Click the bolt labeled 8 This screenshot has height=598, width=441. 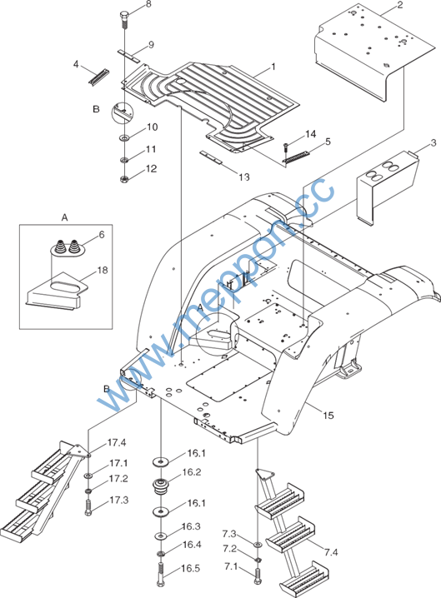(x=124, y=19)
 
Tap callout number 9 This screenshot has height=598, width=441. (x=151, y=45)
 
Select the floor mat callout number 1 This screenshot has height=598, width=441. (x=273, y=67)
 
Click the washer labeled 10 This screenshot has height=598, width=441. (x=124, y=137)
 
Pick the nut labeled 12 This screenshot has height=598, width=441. (x=124, y=178)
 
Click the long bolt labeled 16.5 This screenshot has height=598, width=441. (x=160, y=575)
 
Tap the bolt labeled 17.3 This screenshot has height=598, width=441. (x=88, y=507)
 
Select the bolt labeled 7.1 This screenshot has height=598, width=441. (x=258, y=576)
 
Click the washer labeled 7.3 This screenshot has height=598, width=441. (x=258, y=544)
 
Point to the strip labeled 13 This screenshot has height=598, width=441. (x=211, y=157)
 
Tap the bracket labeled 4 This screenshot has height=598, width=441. (x=99, y=77)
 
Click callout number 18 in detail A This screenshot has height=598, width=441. (x=103, y=271)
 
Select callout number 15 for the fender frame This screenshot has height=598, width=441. (x=328, y=415)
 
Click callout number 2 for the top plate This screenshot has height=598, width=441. (x=400, y=4)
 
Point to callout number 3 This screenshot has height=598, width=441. (x=433, y=143)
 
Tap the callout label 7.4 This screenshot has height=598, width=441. (x=331, y=552)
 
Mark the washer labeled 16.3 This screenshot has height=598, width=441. (x=161, y=536)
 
